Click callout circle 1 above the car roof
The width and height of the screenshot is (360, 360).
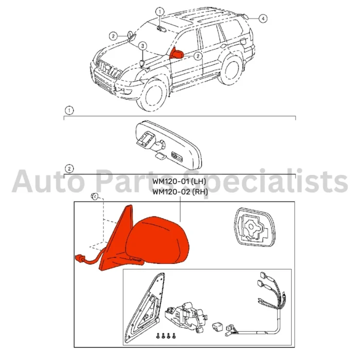click(160, 11)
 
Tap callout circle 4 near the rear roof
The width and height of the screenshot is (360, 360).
click(263, 19)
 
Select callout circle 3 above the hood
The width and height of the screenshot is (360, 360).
click(142, 46)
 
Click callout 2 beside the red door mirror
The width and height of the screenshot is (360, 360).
click(198, 56)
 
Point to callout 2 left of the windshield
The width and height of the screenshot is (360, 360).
click(113, 36)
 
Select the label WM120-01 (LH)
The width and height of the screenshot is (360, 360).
click(179, 182)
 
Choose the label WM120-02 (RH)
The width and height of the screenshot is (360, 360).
click(180, 192)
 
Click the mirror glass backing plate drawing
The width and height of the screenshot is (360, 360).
click(254, 227)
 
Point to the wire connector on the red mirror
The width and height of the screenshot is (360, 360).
click(79, 259)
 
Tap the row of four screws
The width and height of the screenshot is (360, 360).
click(166, 335)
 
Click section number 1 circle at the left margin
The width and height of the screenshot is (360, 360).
click(69, 111)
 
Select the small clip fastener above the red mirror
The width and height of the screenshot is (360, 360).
click(94, 196)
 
